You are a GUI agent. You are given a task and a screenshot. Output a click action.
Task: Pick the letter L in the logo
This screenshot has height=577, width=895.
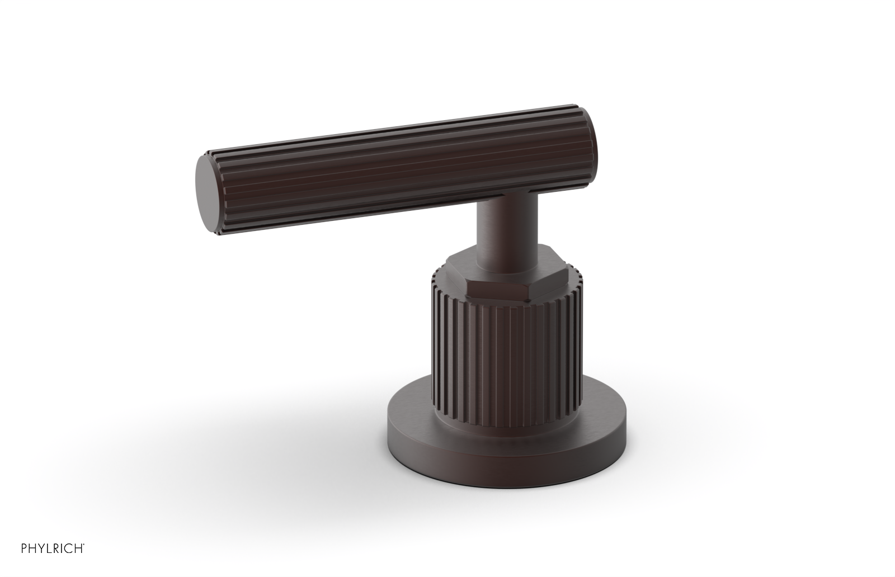(x=49, y=548)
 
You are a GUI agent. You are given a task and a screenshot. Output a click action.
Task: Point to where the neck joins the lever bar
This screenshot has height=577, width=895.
(x=503, y=193)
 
